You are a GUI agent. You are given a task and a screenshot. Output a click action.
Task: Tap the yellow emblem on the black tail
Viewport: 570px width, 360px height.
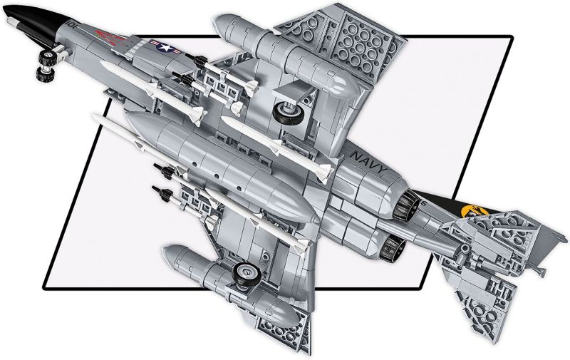click(470, 212)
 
